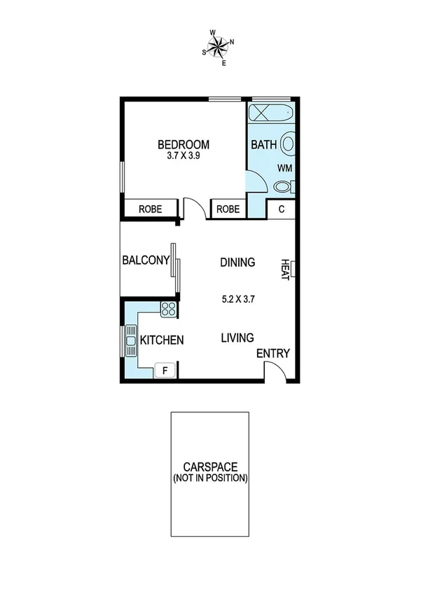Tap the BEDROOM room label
[x=184, y=145]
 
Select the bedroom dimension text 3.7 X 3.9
[x=184, y=157]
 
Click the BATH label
[x=264, y=146]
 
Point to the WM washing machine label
[x=284, y=168]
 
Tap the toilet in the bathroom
[x=284, y=187]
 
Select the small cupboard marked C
[x=282, y=209]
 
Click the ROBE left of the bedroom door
[x=150, y=209]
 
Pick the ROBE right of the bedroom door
[x=228, y=209]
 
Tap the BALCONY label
[x=146, y=261]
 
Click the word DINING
[x=237, y=263]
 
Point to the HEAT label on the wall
[x=285, y=270]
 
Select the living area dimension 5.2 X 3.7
[x=237, y=299]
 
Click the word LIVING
[x=237, y=338]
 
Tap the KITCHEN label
[x=162, y=341]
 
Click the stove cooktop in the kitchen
[x=168, y=308]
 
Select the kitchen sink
[x=131, y=341]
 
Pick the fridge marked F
[x=165, y=369]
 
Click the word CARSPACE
[x=210, y=467]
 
